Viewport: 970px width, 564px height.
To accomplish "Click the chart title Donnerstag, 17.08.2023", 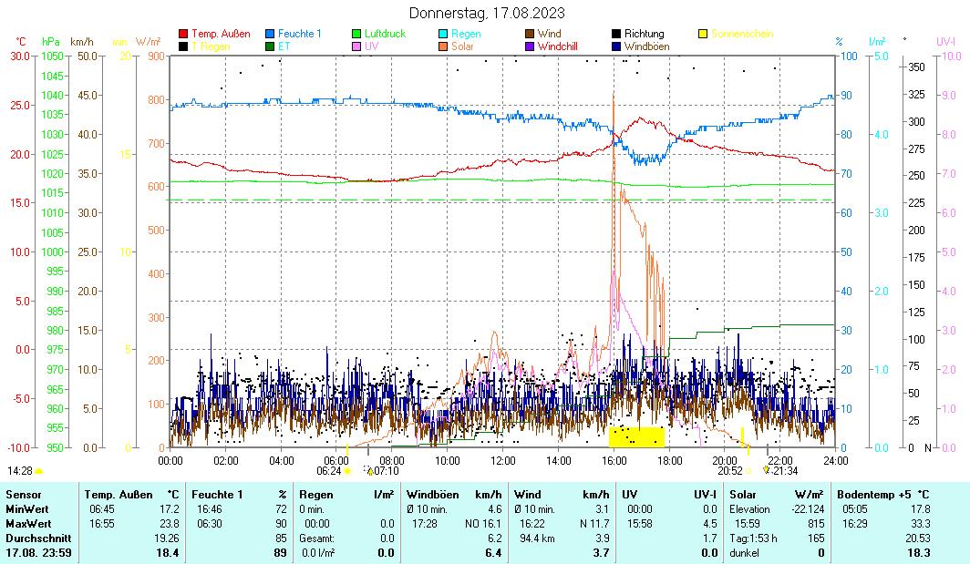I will [486, 13].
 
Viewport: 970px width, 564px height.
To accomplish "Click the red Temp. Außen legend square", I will [183, 34].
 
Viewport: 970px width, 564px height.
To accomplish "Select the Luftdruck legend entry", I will [384, 34].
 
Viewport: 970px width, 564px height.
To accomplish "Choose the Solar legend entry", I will [461, 46].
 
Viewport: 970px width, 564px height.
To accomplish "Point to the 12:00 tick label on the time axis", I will [503, 461].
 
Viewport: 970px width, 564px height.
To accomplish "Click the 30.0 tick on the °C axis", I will [20, 56].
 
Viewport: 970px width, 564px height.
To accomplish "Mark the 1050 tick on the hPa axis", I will [52, 56].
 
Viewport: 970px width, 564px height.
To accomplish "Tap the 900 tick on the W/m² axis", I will [156, 56].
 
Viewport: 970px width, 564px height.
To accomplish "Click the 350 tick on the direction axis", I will [917, 67].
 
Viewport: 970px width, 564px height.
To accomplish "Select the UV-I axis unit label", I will [945, 42].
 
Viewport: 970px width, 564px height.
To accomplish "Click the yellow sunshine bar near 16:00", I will [636, 436].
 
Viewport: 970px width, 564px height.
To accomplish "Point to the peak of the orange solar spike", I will [614, 94].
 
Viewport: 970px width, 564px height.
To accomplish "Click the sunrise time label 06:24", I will [328, 471].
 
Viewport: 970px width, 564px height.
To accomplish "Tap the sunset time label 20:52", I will [729, 471].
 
